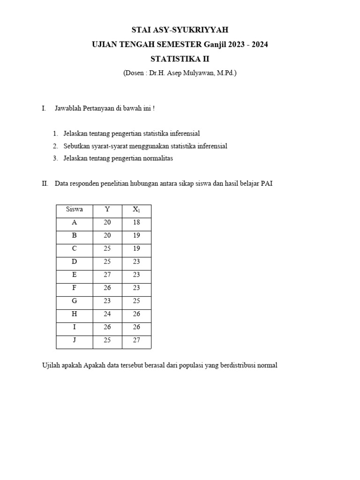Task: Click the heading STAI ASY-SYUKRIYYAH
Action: click(x=180, y=30)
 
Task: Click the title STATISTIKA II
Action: click(x=180, y=59)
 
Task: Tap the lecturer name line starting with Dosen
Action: click(x=180, y=73)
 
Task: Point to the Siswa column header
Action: click(x=74, y=210)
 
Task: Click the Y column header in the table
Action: click(x=107, y=210)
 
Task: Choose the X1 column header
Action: click(x=136, y=210)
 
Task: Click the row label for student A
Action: click(x=74, y=223)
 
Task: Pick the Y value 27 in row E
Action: click(x=107, y=275)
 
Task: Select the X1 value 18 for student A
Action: click(x=136, y=223)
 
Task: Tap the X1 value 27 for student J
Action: click(x=136, y=340)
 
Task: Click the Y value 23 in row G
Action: click(x=107, y=301)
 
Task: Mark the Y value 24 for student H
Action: click(x=107, y=314)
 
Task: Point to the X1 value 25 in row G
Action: click(x=136, y=301)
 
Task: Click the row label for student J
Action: click(x=74, y=340)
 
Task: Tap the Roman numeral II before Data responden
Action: click(x=45, y=184)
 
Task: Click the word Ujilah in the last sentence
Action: click(x=52, y=365)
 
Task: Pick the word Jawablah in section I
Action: click(x=68, y=109)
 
